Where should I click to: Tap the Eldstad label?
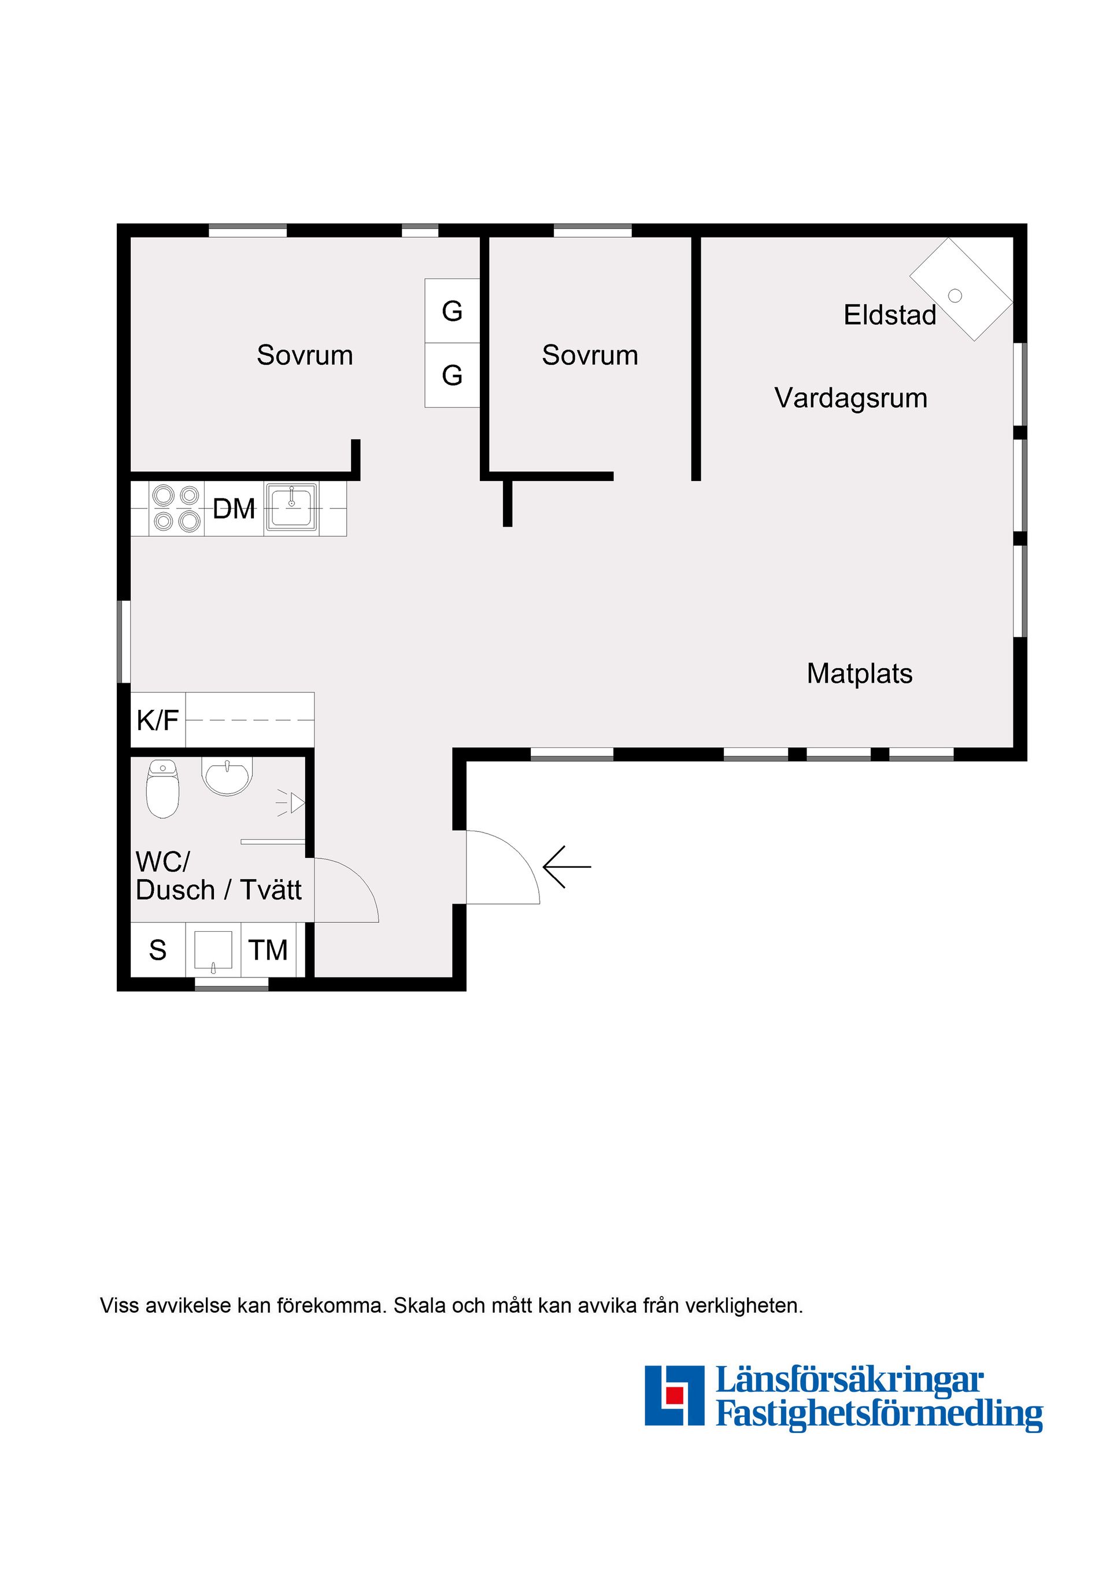889,315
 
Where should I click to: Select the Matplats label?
859,673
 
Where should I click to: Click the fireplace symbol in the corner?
960,289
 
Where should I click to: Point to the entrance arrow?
567,867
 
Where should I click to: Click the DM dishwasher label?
234,509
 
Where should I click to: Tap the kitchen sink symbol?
291,507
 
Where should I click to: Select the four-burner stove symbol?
176,508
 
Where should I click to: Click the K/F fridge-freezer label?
157,720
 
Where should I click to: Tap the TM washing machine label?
268,950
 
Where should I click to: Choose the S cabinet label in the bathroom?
157,950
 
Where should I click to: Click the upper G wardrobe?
452,311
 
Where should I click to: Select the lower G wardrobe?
452,375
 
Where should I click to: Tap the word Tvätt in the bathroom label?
271,890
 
